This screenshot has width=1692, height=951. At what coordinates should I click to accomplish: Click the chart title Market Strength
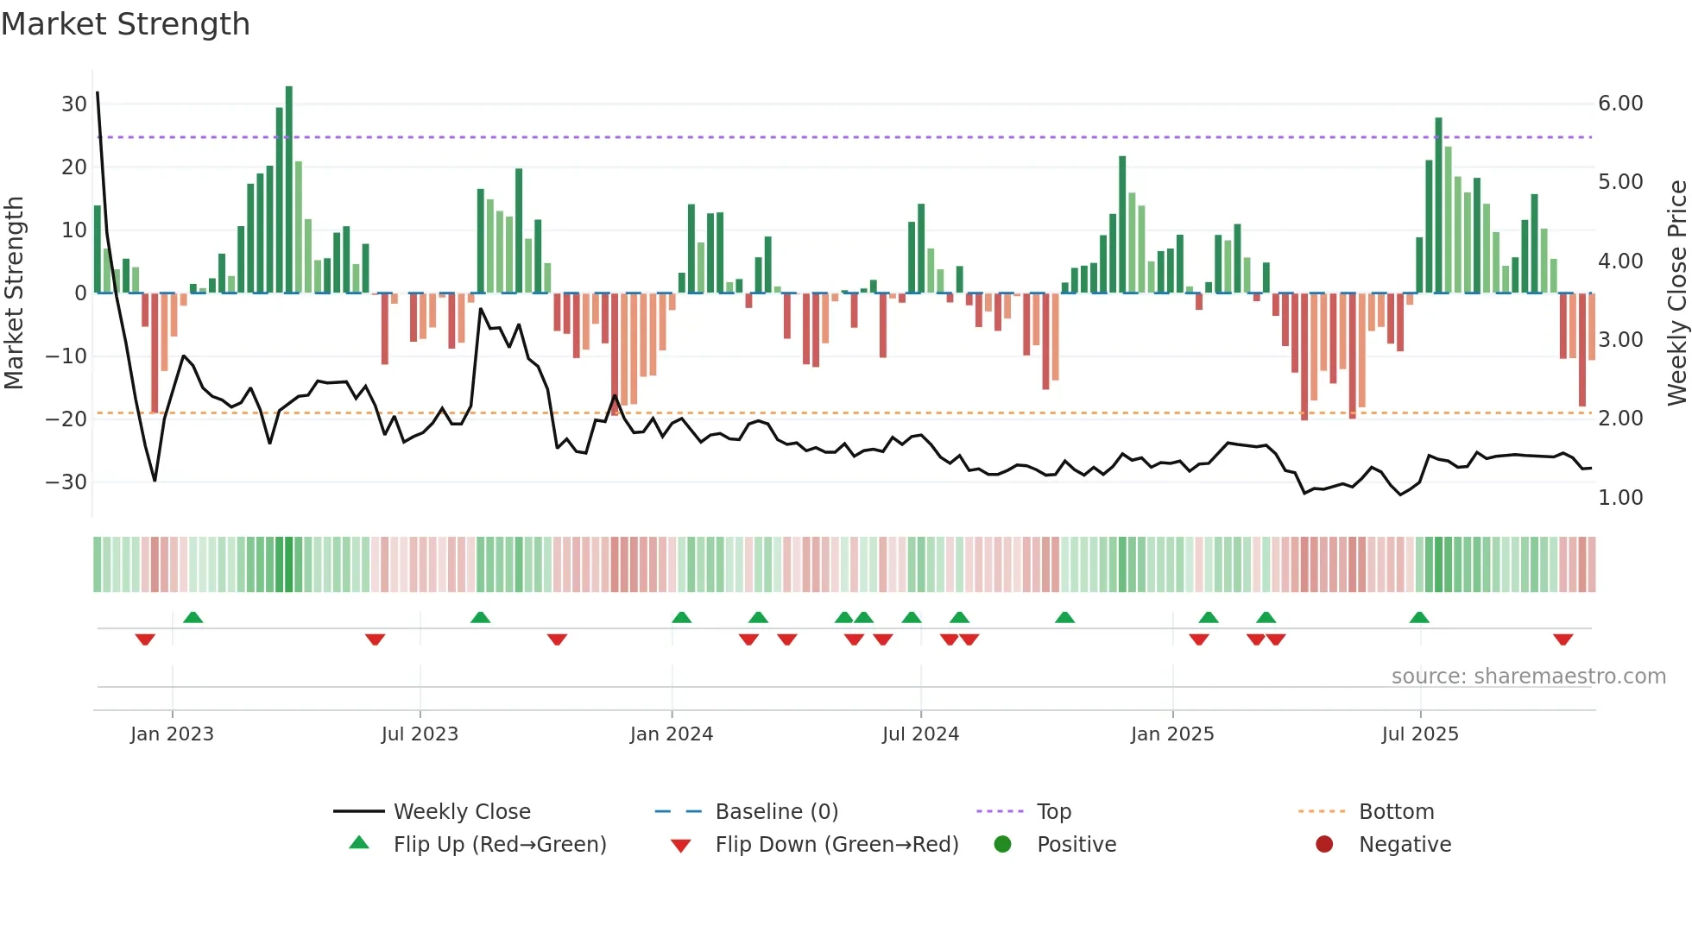click(125, 24)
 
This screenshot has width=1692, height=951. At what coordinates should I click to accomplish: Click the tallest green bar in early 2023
click(289, 189)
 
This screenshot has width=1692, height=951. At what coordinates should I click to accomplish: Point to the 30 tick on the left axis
click(74, 104)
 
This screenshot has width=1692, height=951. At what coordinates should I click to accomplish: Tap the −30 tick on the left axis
click(66, 482)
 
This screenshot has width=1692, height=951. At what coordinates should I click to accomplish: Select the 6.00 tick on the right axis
click(1620, 104)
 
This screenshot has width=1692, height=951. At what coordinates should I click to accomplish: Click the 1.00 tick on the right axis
click(1620, 498)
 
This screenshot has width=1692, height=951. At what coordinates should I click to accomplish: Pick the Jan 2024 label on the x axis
click(672, 734)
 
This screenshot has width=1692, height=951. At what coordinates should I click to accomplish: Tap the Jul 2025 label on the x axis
click(1420, 734)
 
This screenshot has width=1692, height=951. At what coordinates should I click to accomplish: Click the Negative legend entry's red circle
click(1324, 845)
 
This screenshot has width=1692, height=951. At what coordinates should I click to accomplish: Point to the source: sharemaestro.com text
click(1528, 677)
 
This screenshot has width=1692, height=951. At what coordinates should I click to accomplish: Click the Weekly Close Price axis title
click(1676, 293)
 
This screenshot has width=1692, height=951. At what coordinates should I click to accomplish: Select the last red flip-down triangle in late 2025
click(1563, 639)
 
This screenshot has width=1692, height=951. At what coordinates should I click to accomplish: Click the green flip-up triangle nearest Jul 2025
click(1419, 617)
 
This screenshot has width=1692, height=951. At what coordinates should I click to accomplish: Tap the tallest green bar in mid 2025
click(1439, 205)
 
